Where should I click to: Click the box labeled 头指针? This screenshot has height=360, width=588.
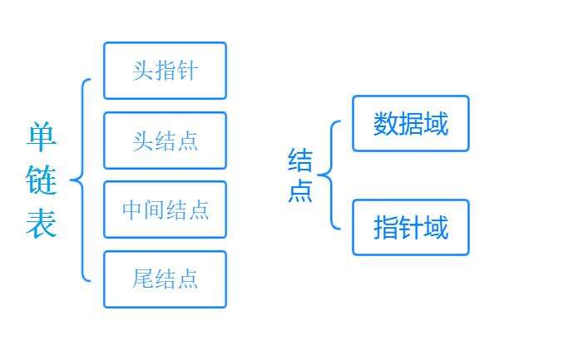(x=165, y=71)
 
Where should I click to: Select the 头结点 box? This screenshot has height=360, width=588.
(x=165, y=141)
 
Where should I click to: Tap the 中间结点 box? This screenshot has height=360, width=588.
(x=165, y=210)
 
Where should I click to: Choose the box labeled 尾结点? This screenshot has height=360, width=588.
(x=165, y=279)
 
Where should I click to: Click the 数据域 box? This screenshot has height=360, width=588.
(x=411, y=124)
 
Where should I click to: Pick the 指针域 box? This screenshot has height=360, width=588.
(x=411, y=227)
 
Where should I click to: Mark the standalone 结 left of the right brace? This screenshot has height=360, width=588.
(x=300, y=160)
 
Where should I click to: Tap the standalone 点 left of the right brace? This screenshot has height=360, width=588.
(x=300, y=190)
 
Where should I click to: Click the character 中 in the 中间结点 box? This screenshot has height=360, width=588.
(x=132, y=210)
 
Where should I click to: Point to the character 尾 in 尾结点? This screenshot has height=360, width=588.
(x=143, y=279)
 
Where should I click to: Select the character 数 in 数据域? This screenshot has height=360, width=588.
(x=386, y=124)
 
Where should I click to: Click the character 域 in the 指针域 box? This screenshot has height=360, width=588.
(x=436, y=227)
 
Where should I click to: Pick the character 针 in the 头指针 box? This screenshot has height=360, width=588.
(x=187, y=71)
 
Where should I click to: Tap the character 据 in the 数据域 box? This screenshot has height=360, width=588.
(x=411, y=124)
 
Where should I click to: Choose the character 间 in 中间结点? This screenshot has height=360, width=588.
(x=154, y=210)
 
